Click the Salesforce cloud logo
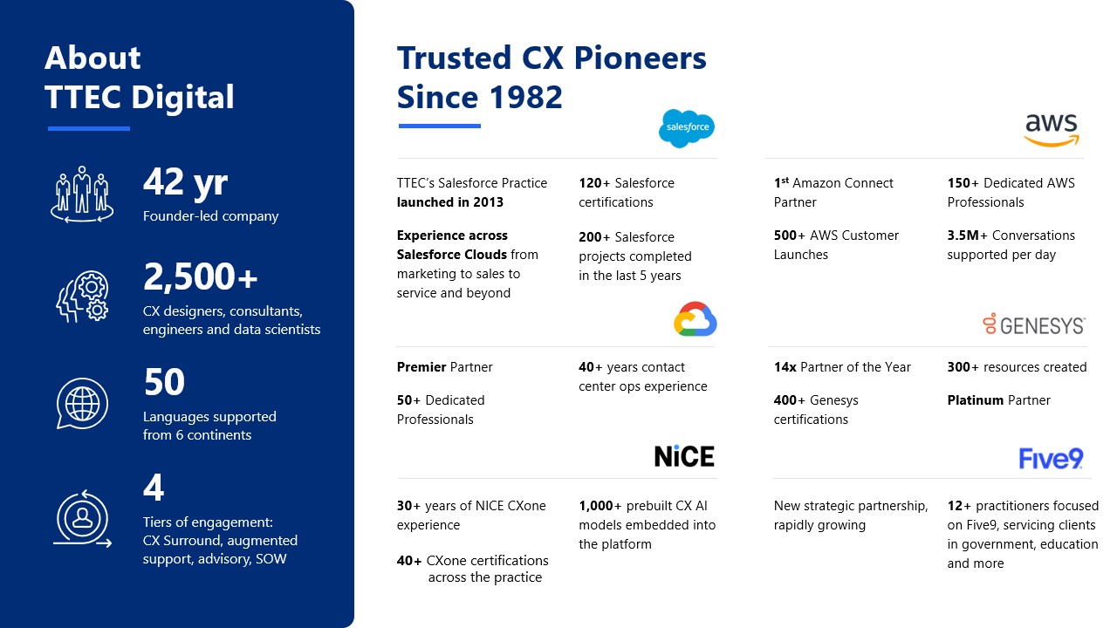click(x=687, y=128)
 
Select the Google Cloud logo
click(x=696, y=319)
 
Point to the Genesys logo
click(x=1034, y=324)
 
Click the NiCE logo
click(x=684, y=456)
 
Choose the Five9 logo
click(x=1051, y=458)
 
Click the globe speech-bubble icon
click(x=82, y=403)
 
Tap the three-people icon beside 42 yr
click(x=82, y=195)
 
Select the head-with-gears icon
click(x=82, y=297)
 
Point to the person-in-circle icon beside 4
click(x=82, y=518)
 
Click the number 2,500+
click(x=200, y=276)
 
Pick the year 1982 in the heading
click(x=525, y=97)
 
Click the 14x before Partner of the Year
click(x=785, y=367)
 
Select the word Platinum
click(x=976, y=400)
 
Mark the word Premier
click(x=421, y=367)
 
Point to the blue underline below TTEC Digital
click(x=89, y=128)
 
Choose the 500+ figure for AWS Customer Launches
click(x=790, y=235)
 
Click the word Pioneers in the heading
click(x=640, y=58)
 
